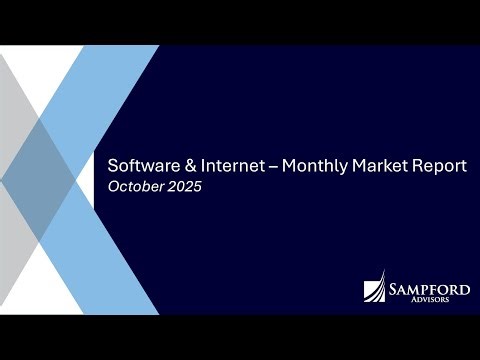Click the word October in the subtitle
(135, 186)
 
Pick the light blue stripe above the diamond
(110, 90)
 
